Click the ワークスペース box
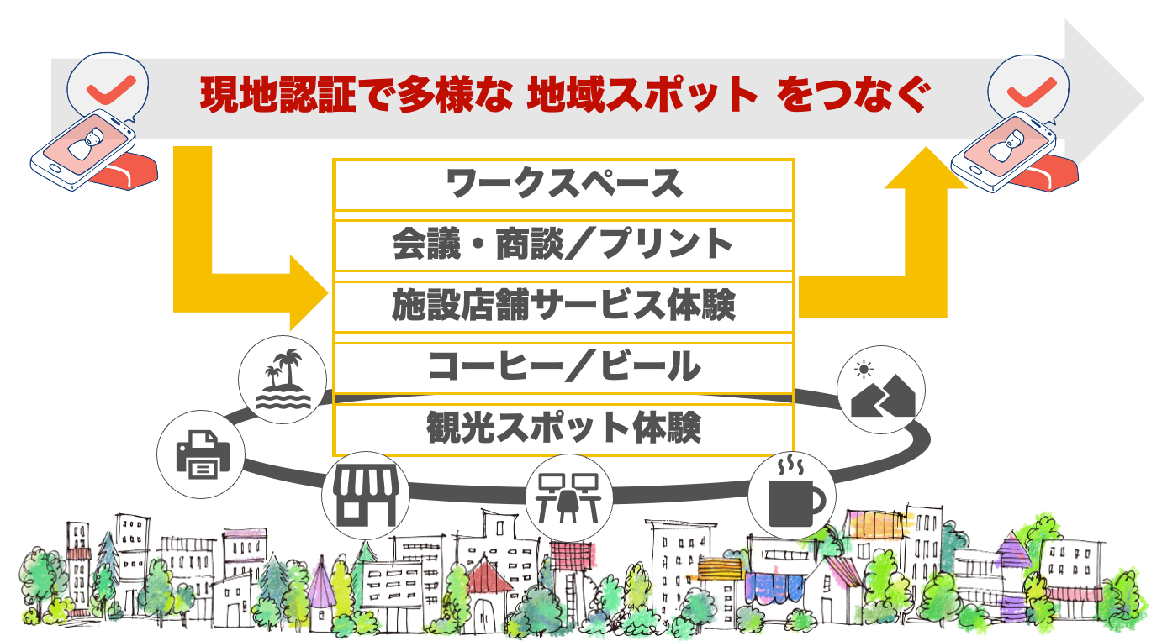(563, 184)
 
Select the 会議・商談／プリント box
(563, 244)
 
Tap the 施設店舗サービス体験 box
(563, 306)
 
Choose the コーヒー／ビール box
(563, 367)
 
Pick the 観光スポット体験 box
(563, 428)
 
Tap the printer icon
(200, 454)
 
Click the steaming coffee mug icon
(791, 494)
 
